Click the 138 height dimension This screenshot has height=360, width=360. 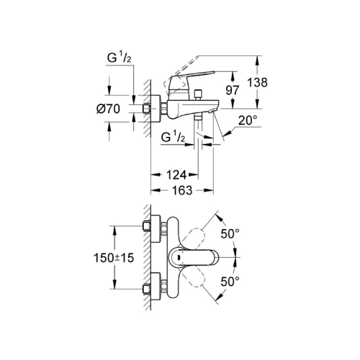coord(257,82)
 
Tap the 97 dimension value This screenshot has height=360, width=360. coord(233,90)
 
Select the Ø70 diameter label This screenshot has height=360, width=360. coord(108,109)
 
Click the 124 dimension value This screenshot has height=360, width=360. coord(176,175)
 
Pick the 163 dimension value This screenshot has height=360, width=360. coord(182,190)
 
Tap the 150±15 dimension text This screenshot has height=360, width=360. coord(114,258)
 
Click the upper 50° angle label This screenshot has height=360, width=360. coord(230,233)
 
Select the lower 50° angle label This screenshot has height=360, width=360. coord(230,282)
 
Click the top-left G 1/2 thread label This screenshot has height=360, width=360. coord(120,58)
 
